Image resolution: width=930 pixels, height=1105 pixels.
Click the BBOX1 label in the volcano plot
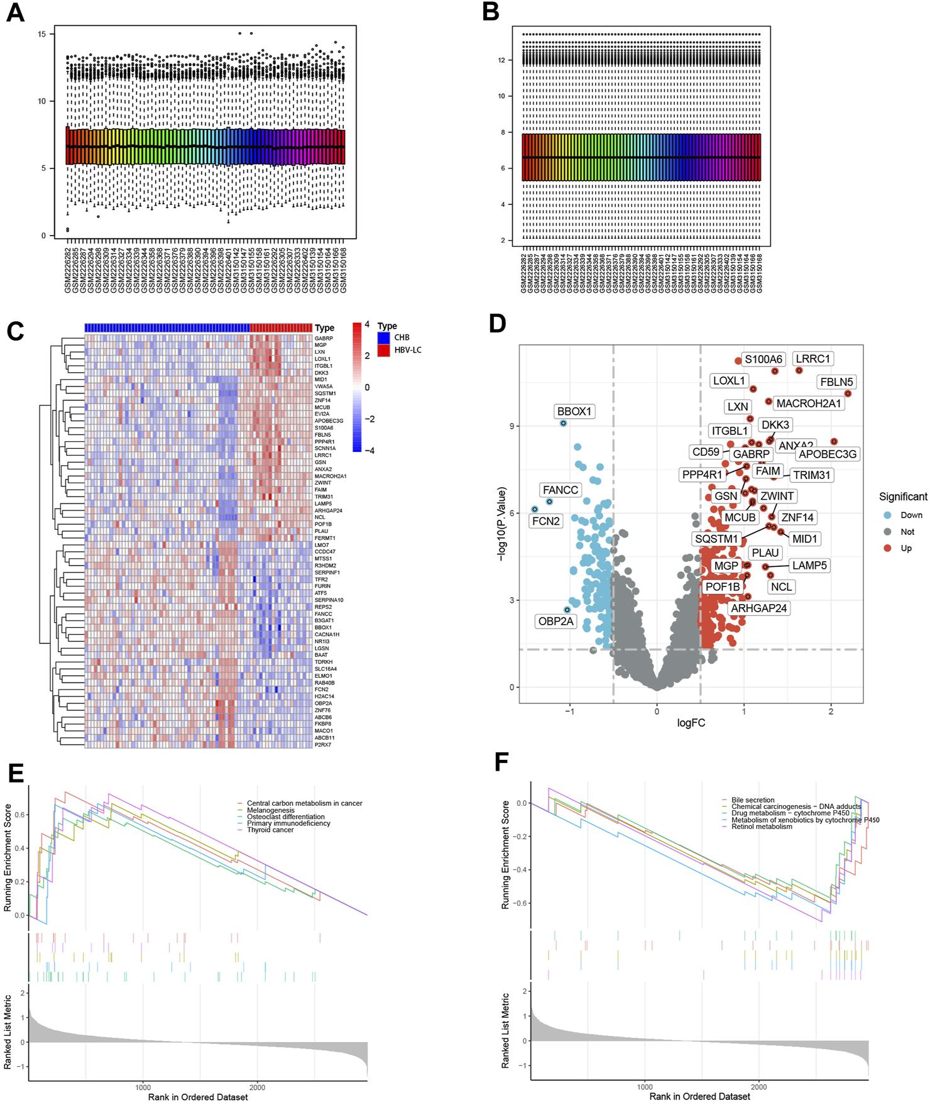[574, 412]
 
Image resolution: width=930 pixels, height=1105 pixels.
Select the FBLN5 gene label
[836, 382]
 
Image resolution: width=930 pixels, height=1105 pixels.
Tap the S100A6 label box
[763, 360]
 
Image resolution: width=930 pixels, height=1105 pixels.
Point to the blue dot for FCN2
[535, 509]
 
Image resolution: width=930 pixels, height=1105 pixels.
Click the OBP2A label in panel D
[555, 622]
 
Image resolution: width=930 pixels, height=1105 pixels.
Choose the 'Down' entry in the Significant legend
[911, 515]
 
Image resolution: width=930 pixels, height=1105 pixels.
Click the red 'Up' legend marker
[887, 548]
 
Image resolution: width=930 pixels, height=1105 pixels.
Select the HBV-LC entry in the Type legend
[407, 350]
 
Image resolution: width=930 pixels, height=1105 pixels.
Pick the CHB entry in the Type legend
[402, 338]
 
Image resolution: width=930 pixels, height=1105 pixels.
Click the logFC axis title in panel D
[691, 723]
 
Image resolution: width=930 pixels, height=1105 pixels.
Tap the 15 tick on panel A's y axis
[42, 34]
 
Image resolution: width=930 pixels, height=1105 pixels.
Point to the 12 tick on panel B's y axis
[501, 60]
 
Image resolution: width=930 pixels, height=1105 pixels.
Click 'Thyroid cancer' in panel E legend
[270, 830]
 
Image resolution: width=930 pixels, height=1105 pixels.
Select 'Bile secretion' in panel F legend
[753, 800]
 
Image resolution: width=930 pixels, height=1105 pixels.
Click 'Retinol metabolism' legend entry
[762, 827]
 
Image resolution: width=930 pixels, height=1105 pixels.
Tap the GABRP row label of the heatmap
[324, 338]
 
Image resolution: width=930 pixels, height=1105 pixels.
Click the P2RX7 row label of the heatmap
[323, 745]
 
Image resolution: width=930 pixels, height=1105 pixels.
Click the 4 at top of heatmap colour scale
[367, 325]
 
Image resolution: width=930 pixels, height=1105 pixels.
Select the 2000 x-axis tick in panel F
[758, 1086]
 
